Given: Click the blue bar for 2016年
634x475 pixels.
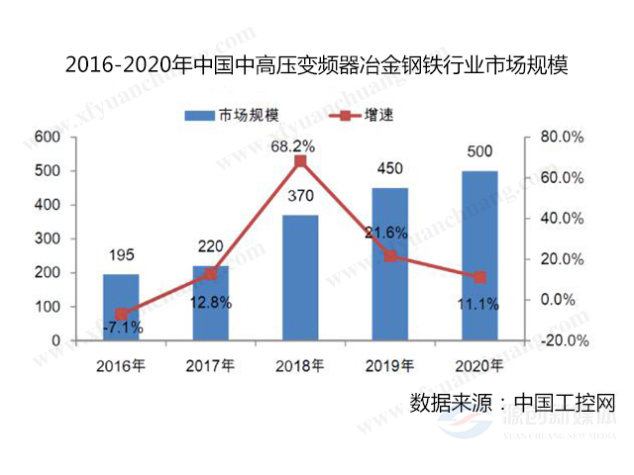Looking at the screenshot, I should [x=121, y=307].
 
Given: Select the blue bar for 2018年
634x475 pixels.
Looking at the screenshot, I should [x=300, y=277].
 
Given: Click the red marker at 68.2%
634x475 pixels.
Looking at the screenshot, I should [x=300, y=161].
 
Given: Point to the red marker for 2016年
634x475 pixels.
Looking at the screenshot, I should [x=121, y=314].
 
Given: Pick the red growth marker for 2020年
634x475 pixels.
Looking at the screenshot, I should [x=479, y=277].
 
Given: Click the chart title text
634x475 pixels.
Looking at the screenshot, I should [x=316, y=66].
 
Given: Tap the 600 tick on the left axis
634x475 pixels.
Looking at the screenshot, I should [x=47, y=137].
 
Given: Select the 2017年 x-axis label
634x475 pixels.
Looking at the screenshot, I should [x=210, y=365].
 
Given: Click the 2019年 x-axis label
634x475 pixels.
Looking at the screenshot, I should [x=389, y=365].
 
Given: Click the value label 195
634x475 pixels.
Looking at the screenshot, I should [x=121, y=254].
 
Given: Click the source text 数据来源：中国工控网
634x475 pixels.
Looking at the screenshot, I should [x=513, y=404].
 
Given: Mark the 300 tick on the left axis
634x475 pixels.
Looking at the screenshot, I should [x=47, y=238].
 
